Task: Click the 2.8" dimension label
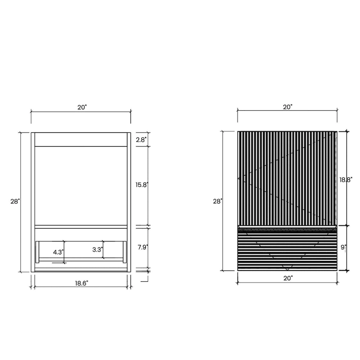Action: tap(141, 140)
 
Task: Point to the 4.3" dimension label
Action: tap(58, 252)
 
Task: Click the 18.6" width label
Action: tap(81, 283)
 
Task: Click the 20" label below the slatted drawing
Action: tap(288, 278)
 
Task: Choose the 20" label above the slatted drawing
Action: tap(288, 107)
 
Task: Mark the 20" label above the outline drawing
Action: tap(81, 107)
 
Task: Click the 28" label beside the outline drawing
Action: tap(15, 202)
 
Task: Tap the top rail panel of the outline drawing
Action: tap(81, 139)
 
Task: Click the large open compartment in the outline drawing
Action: tap(81, 185)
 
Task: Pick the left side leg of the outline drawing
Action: tap(33, 202)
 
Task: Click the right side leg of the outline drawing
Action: tap(129, 202)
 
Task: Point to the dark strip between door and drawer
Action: tap(287, 228)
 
